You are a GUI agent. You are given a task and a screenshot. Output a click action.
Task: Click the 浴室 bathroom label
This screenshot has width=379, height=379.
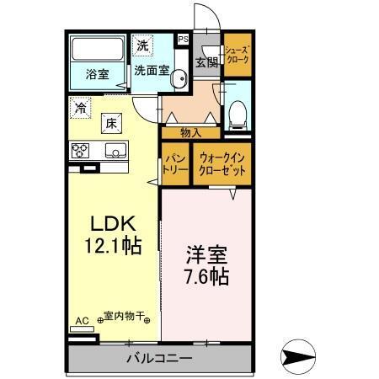97,74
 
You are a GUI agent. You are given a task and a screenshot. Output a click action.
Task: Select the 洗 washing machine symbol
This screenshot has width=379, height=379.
142,45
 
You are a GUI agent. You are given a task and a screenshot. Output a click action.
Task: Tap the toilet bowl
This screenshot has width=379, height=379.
238,110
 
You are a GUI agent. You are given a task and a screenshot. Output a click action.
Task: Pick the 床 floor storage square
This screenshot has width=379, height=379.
112,124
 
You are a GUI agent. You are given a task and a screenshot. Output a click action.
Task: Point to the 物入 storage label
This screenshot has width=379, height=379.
192,132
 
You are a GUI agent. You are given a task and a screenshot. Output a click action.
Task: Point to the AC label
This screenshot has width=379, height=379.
82,320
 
